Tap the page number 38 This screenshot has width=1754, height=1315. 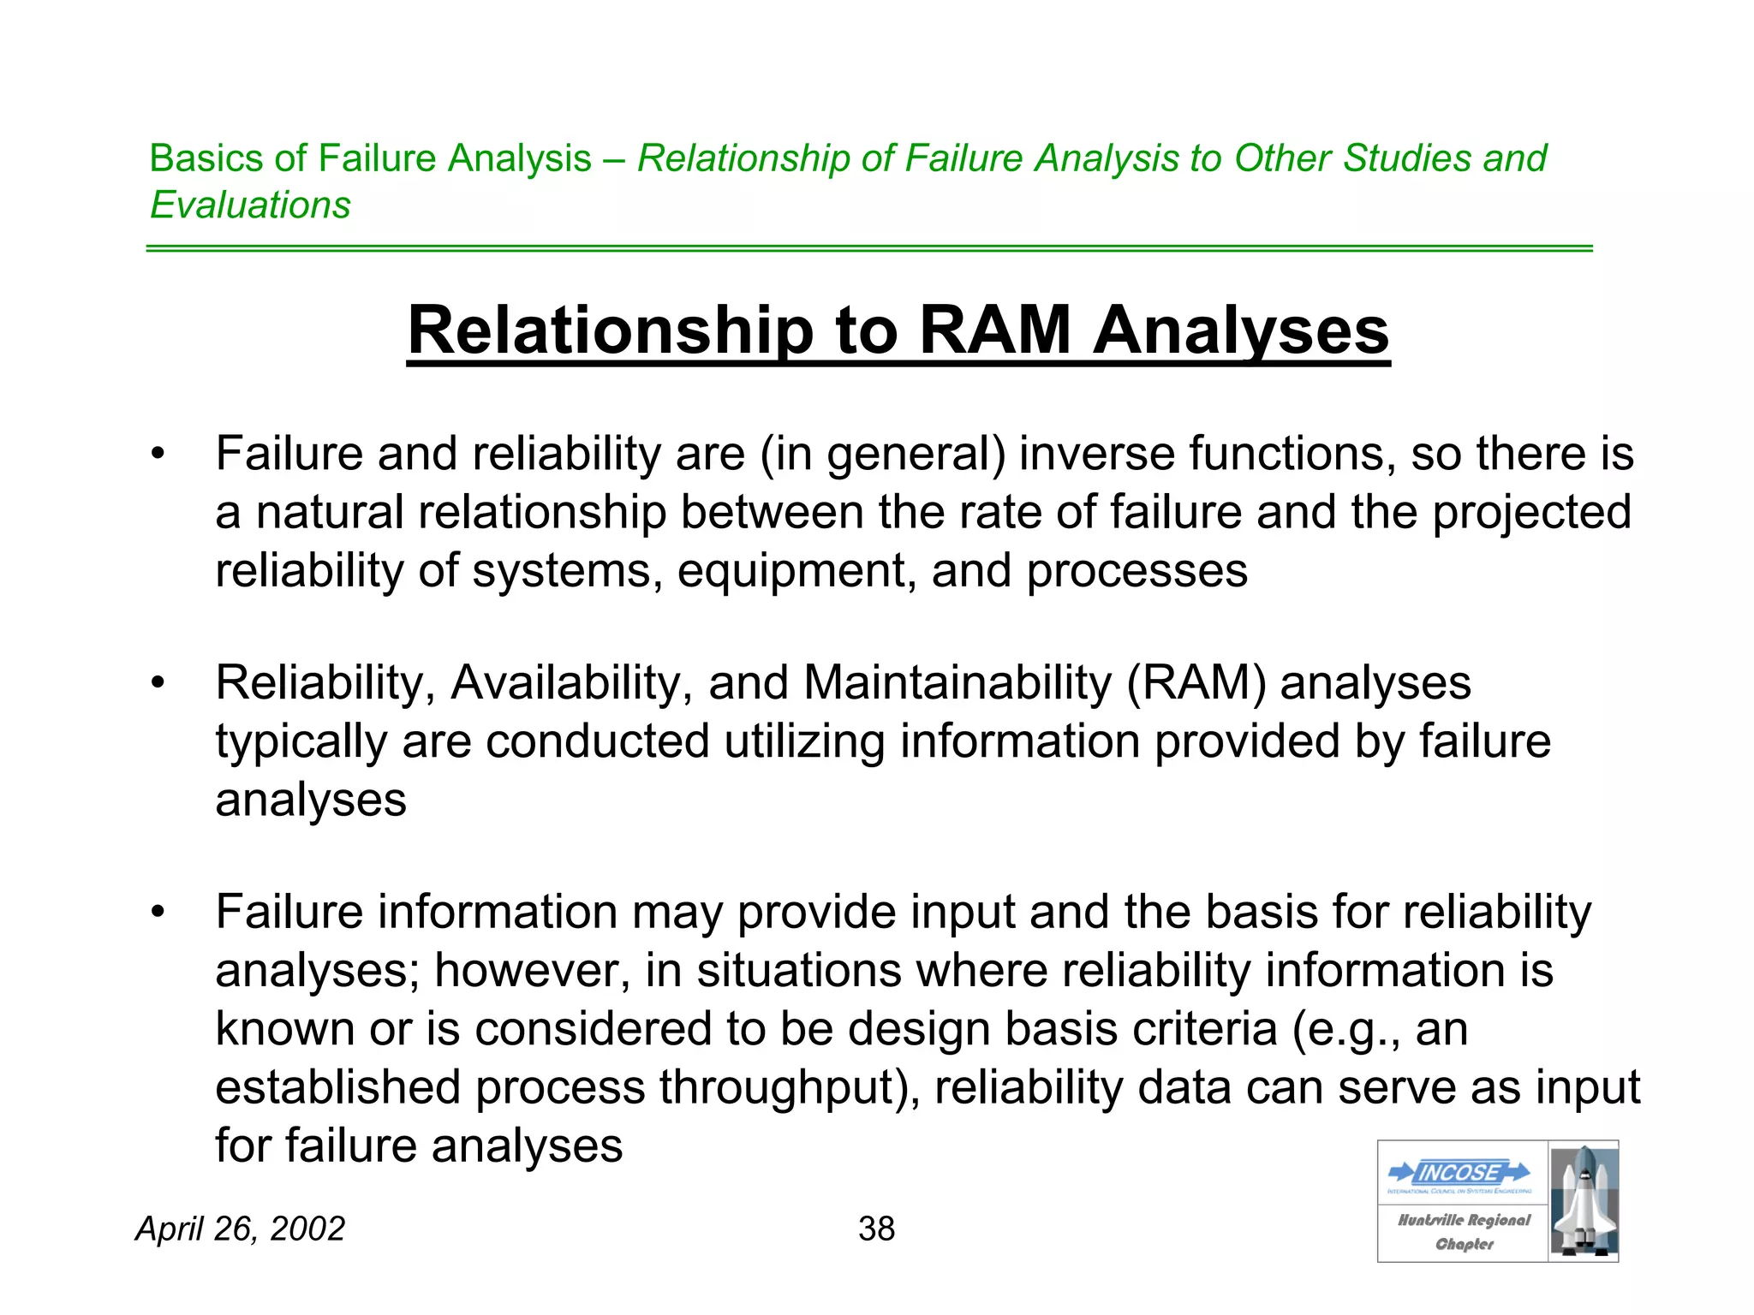876,1229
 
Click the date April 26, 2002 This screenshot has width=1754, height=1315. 241,1229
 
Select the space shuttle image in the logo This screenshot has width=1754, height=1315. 1584,1200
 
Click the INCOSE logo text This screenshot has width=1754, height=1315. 1459,1172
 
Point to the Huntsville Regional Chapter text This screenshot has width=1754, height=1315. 1464,1231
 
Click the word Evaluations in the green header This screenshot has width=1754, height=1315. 250,205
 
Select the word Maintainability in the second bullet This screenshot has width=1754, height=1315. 957,683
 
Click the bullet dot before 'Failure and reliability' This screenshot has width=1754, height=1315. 157,454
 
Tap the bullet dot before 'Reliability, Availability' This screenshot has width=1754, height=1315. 157,683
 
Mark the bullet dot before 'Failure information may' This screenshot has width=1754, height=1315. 157,913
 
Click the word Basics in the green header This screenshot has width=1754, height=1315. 206,158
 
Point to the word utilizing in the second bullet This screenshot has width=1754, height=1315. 803,741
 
